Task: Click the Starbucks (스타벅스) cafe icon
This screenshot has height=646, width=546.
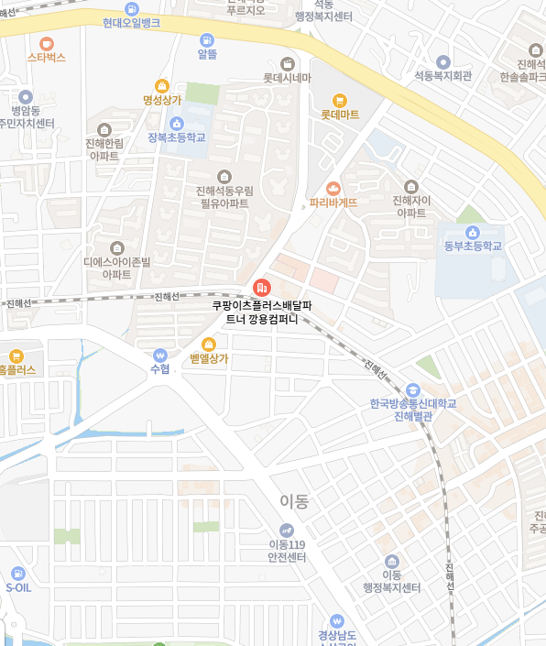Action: tap(47, 42)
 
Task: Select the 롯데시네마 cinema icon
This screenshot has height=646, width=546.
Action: tap(287, 63)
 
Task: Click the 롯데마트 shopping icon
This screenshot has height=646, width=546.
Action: tap(340, 100)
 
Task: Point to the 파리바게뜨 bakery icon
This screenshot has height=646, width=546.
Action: tap(333, 187)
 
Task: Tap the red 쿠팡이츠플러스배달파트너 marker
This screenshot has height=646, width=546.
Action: tap(261, 288)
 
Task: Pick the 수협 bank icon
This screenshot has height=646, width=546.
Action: tap(160, 354)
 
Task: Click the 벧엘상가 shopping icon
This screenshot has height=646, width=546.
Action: tap(209, 344)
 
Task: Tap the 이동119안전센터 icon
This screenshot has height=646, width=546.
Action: tap(287, 529)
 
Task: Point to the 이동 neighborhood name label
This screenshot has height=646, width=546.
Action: tap(294, 501)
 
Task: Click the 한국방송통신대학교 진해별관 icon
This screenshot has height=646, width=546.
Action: tap(411, 389)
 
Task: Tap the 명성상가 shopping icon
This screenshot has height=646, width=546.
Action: tap(162, 85)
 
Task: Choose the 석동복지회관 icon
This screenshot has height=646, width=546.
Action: tap(442, 60)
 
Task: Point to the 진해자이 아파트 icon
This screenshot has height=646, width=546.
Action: tap(410, 186)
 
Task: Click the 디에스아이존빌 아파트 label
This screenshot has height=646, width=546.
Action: tap(116, 268)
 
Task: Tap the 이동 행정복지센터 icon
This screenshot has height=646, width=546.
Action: tap(391, 561)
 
